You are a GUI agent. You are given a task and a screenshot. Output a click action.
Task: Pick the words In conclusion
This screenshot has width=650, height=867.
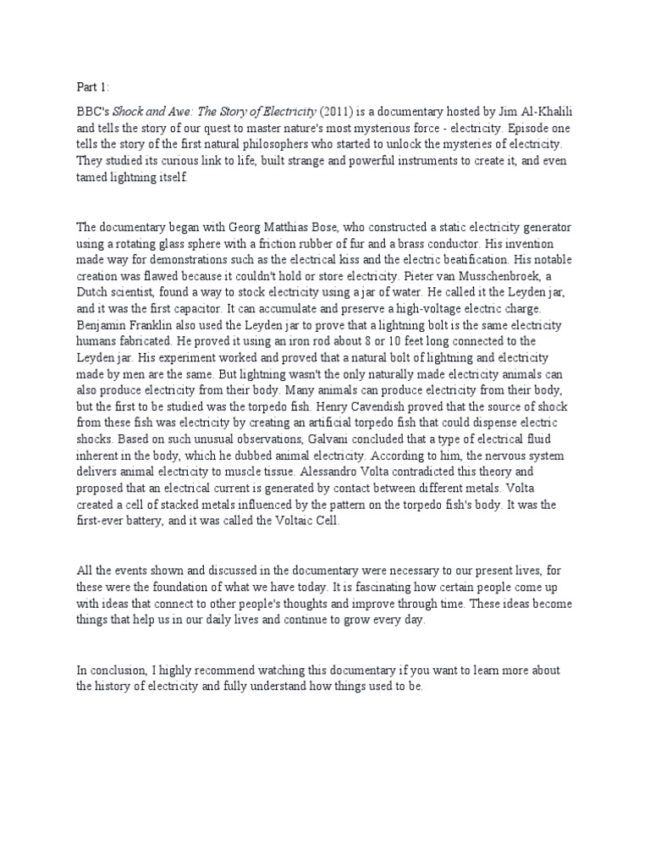[113, 671]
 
